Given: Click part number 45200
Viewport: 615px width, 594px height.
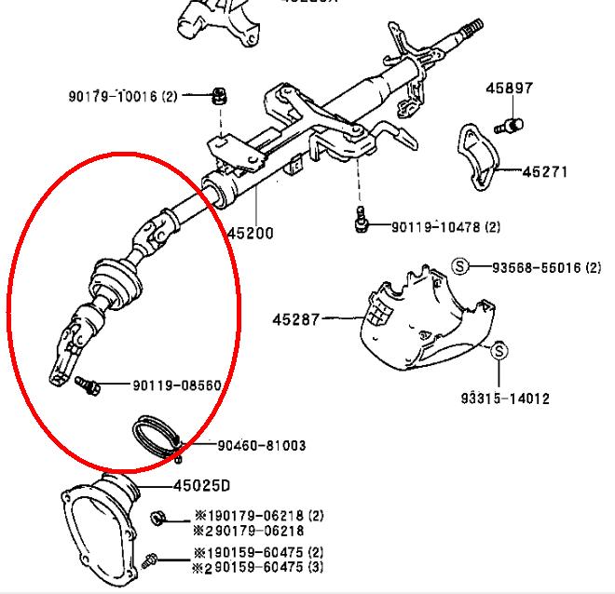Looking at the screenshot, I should pyautogui.click(x=250, y=233).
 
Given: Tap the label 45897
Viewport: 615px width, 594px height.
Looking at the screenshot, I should pyautogui.click(x=509, y=89).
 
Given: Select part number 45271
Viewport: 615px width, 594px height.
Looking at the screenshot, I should pyautogui.click(x=545, y=172).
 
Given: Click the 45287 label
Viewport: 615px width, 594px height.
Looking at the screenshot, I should pyautogui.click(x=295, y=319).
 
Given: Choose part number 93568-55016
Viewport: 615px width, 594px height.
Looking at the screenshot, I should pyautogui.click(x=535, y=267).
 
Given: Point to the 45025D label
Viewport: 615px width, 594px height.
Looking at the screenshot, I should pyautogui.click(x=201, y=485).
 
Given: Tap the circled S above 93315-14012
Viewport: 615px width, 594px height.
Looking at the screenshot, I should pyautogui.click(x=499, y=351).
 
